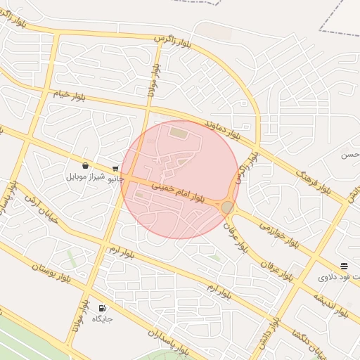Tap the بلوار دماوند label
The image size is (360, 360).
(222, 128)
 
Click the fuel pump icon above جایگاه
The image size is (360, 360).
(103, 308)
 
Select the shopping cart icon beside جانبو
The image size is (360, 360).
(115, 168)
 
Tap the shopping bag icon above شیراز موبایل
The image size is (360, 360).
(85, 166)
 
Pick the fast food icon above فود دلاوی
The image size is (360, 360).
(344, 266)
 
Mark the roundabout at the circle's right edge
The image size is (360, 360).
(227, 207)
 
